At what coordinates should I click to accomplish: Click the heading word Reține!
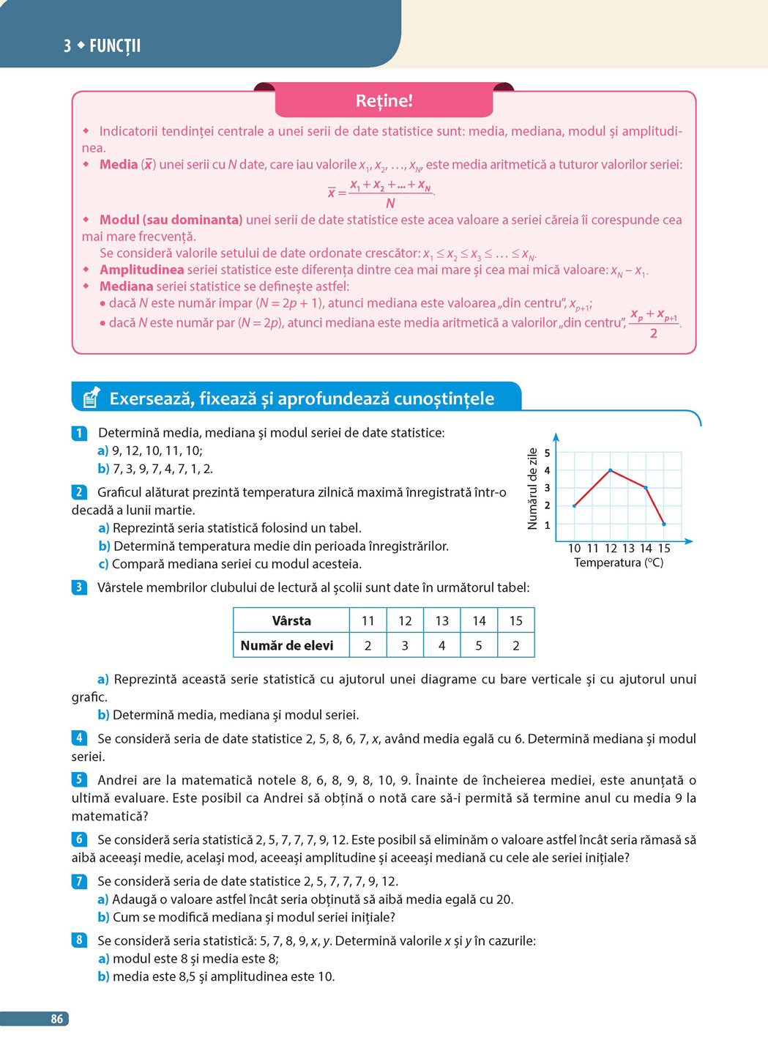click(x=384, y=101)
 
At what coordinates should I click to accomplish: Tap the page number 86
click(x=57, y=1019)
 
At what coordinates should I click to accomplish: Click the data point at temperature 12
click(x=611, y=470)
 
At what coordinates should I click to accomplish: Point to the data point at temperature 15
click(x=664, y=524)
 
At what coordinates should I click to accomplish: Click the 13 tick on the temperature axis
click(x=628, y=548)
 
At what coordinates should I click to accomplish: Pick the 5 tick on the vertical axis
click(x=547, y=453)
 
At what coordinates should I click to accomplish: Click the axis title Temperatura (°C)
click(x=619, y=563)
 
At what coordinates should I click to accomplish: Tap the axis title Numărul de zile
click(x=532, y=489)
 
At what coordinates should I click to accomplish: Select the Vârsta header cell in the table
click(x=291, y=620)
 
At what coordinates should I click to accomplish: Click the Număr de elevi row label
click(x=287, y=645)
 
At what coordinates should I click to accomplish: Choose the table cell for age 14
click(x=479, y=620)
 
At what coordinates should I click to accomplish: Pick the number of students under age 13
click(x=441, y=645)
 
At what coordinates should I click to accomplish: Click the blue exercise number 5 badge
click(x=79, y=779)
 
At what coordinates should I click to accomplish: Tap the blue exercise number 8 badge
click(x=79, y=940)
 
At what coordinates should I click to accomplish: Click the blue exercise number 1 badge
click(x=79, y=433)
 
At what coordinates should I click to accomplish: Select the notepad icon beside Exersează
click(x=91, y=398)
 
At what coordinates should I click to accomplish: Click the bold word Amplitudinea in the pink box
click(x=141, y=270)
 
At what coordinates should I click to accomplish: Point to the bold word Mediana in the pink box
click(x=126, y=286)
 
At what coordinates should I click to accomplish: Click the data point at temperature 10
click(x=575, y=505)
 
